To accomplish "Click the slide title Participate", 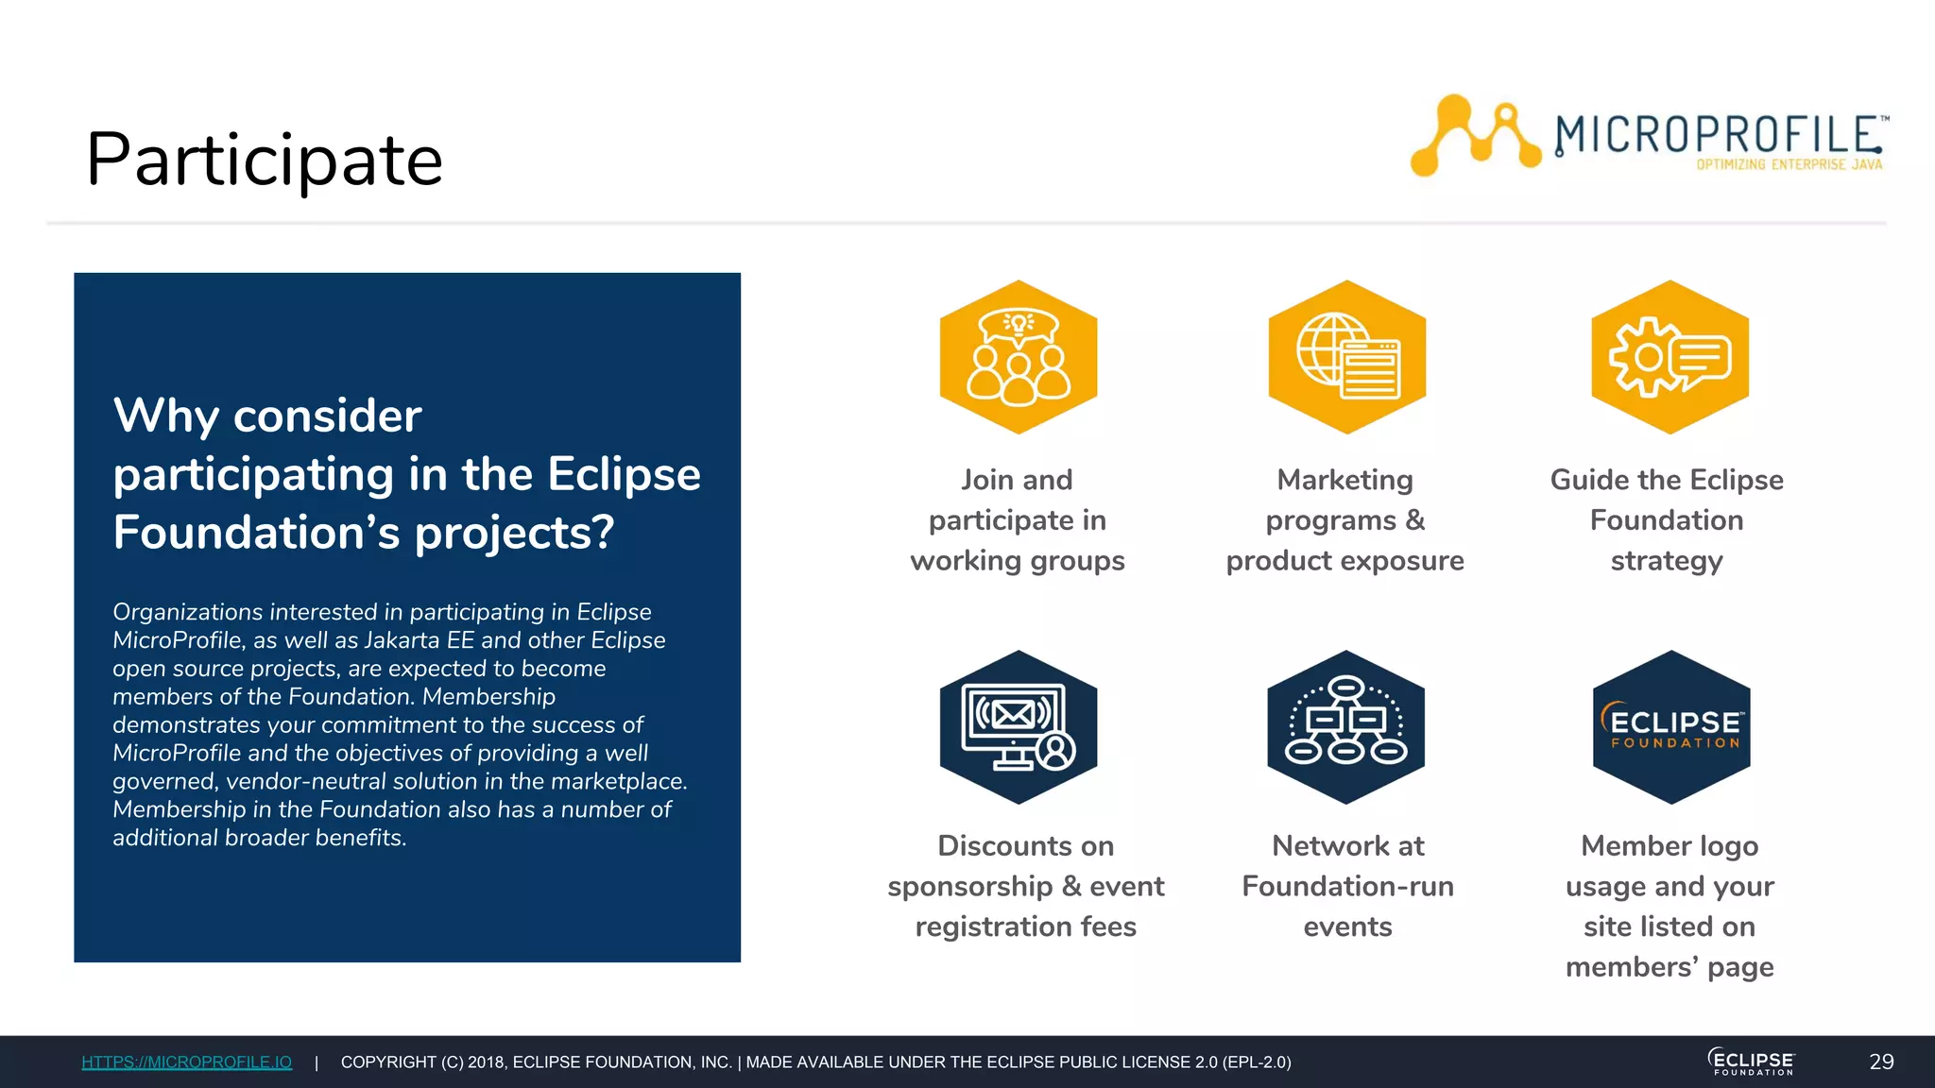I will (265, 161).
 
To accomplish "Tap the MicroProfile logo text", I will (1718, 135).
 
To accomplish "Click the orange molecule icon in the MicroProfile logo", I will (1474, 135).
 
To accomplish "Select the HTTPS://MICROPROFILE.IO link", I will (186, 1062).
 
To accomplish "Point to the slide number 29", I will (1881, 1062).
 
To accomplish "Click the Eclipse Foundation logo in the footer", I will (1752, 1062).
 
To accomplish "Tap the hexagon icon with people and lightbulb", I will (1018, 357).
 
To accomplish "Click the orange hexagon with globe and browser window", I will (1346, 357).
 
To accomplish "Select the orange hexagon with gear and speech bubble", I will (1670, 357).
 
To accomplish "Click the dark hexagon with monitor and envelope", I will (1018, 727).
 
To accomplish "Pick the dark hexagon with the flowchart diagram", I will (1345, 727).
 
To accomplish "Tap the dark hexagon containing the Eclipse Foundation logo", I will (1670, 727).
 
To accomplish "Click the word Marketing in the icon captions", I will (1344, 480).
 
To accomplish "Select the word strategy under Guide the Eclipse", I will (1667, 561).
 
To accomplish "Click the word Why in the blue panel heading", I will (165, 416).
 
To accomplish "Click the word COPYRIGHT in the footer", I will (388, 1062).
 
